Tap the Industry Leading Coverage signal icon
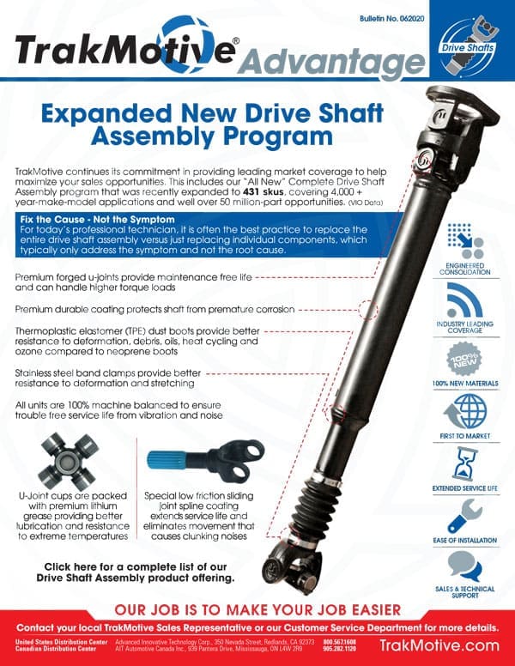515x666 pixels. (x=465, y=298)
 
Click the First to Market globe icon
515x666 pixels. (x=465, y=410)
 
